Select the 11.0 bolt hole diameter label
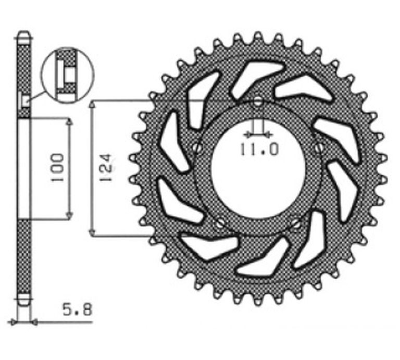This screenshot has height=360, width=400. click(x=259, y=149)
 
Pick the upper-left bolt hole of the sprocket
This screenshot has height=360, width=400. click(x=197, y=148)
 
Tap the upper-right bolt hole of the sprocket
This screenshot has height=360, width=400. click(x=319, y=148)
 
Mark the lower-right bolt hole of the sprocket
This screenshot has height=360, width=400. click(x=296, y=224)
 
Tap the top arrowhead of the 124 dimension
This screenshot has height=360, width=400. click(x=92, y=104)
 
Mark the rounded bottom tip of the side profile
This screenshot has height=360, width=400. click(x=24, y=303)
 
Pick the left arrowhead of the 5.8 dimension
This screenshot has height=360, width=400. click(x=16, y=322)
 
